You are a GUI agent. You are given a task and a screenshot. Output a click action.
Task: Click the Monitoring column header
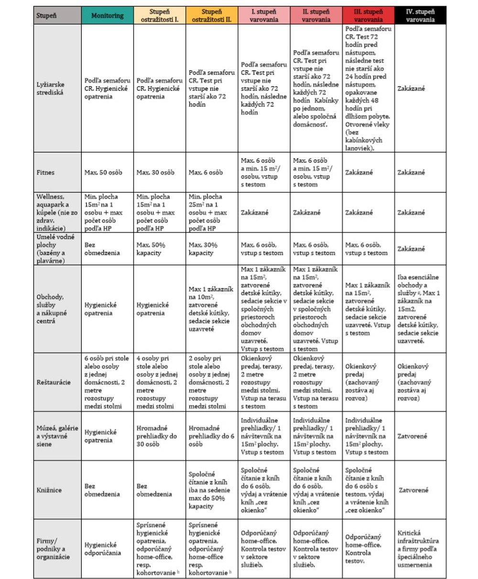107,15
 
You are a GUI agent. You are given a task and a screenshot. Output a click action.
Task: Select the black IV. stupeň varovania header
420,15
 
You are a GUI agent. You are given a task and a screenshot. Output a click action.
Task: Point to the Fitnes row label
46,172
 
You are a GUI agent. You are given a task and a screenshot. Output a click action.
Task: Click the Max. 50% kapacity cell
151,249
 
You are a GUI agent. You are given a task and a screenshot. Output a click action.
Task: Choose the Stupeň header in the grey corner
46,15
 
